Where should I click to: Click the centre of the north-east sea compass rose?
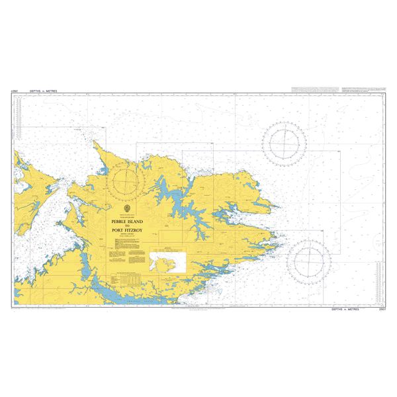[x=284, y=142]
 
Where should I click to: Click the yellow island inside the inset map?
[x=163, y=262]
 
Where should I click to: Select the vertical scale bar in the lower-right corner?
[x=378, y=279]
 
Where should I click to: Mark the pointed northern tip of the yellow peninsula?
[x=95, y=141]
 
